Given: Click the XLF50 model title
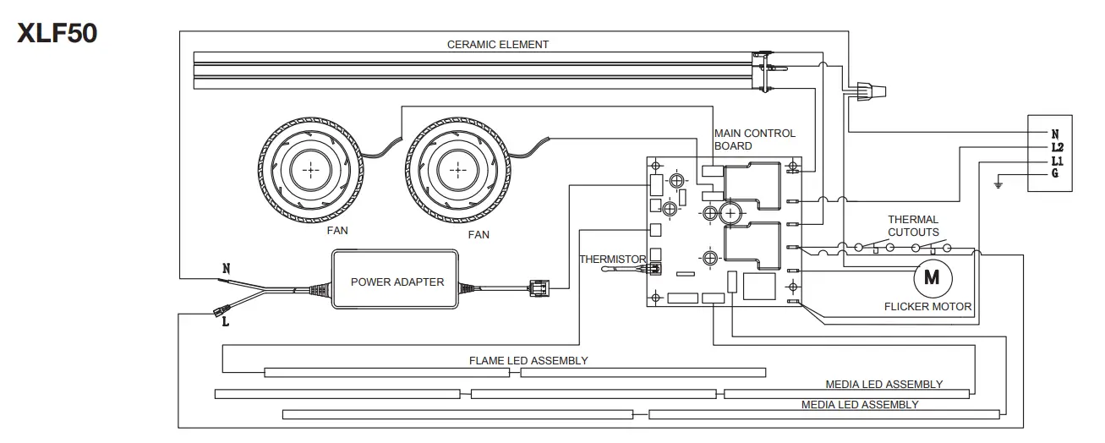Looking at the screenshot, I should pyautogui.click(x=57, y=33).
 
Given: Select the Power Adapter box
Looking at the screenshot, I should pyautogui.click(x=397, y=282).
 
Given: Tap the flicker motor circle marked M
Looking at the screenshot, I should pyautogui.click(x=932, y=276).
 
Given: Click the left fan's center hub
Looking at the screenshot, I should pyautogui.click(x=311, y=171).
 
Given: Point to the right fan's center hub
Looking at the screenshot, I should pyautogui.click(x=458, y=171).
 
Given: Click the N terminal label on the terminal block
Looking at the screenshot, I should pyautogui.click(x=1054, y=134).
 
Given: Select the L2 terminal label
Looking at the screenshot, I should pyautogui.click(x=1055, y=147).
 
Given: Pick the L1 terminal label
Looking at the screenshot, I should pyautogui.click(x=1055, y=161).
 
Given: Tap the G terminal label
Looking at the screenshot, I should pyautogui.click(x=1054, y=174).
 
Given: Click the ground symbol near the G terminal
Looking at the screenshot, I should pyautogui.click(x=998, y=183).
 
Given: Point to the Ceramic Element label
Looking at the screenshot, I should pyautogui.click(x=498, y=44).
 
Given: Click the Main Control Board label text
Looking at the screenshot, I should pyautogui.click(x=754, y=139).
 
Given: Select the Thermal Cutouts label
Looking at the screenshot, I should pyautogui.click(x=912, y=226).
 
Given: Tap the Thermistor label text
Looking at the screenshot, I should pyautogui.click(x=612, y=260).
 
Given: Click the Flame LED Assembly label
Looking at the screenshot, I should pyautogui.click(x=528, y=360).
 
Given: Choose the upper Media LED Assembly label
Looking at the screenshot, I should pyautogui.click(x=883, y=385).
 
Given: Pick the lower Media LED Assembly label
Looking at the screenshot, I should pyautogui.click(x=859, y=405).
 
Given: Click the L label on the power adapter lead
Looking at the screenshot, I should pyautogui.click(x=225, y=321).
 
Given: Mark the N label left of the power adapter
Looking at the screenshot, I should pyautogui.click(x=226, y=269).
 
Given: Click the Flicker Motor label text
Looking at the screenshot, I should pyautogui.click(x=927, y=306).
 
